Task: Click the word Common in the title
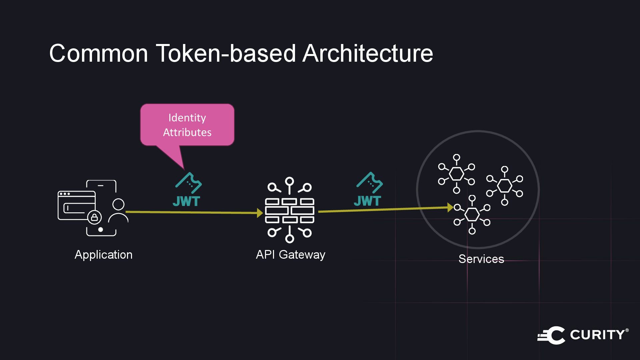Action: (x=98, y=53)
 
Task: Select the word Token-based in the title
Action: (x=226, y=53)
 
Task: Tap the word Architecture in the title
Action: (x=367, y=53)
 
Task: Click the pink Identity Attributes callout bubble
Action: (x=187, y=125)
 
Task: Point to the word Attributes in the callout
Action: (x=187, y=132)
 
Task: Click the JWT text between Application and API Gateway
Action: (x=186, y=201)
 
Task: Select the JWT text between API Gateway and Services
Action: (x=367, y=201)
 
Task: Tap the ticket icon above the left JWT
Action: (x=189, y=183)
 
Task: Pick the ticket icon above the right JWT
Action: (x=370, y=182)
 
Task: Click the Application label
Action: (x=103, y=255)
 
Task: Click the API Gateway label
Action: (x=290, y=255)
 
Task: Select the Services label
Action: (x=481, y=259)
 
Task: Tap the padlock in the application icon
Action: (x=94, y=218)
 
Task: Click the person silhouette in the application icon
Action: (x=118, y=211)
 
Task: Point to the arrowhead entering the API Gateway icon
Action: (x=260, y=213)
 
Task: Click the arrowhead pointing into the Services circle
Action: (x=450, y=208)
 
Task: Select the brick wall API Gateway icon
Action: (x=289, y=210)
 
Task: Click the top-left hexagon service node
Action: (x=456, y=174)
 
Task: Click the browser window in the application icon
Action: (x=76, y=205)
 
